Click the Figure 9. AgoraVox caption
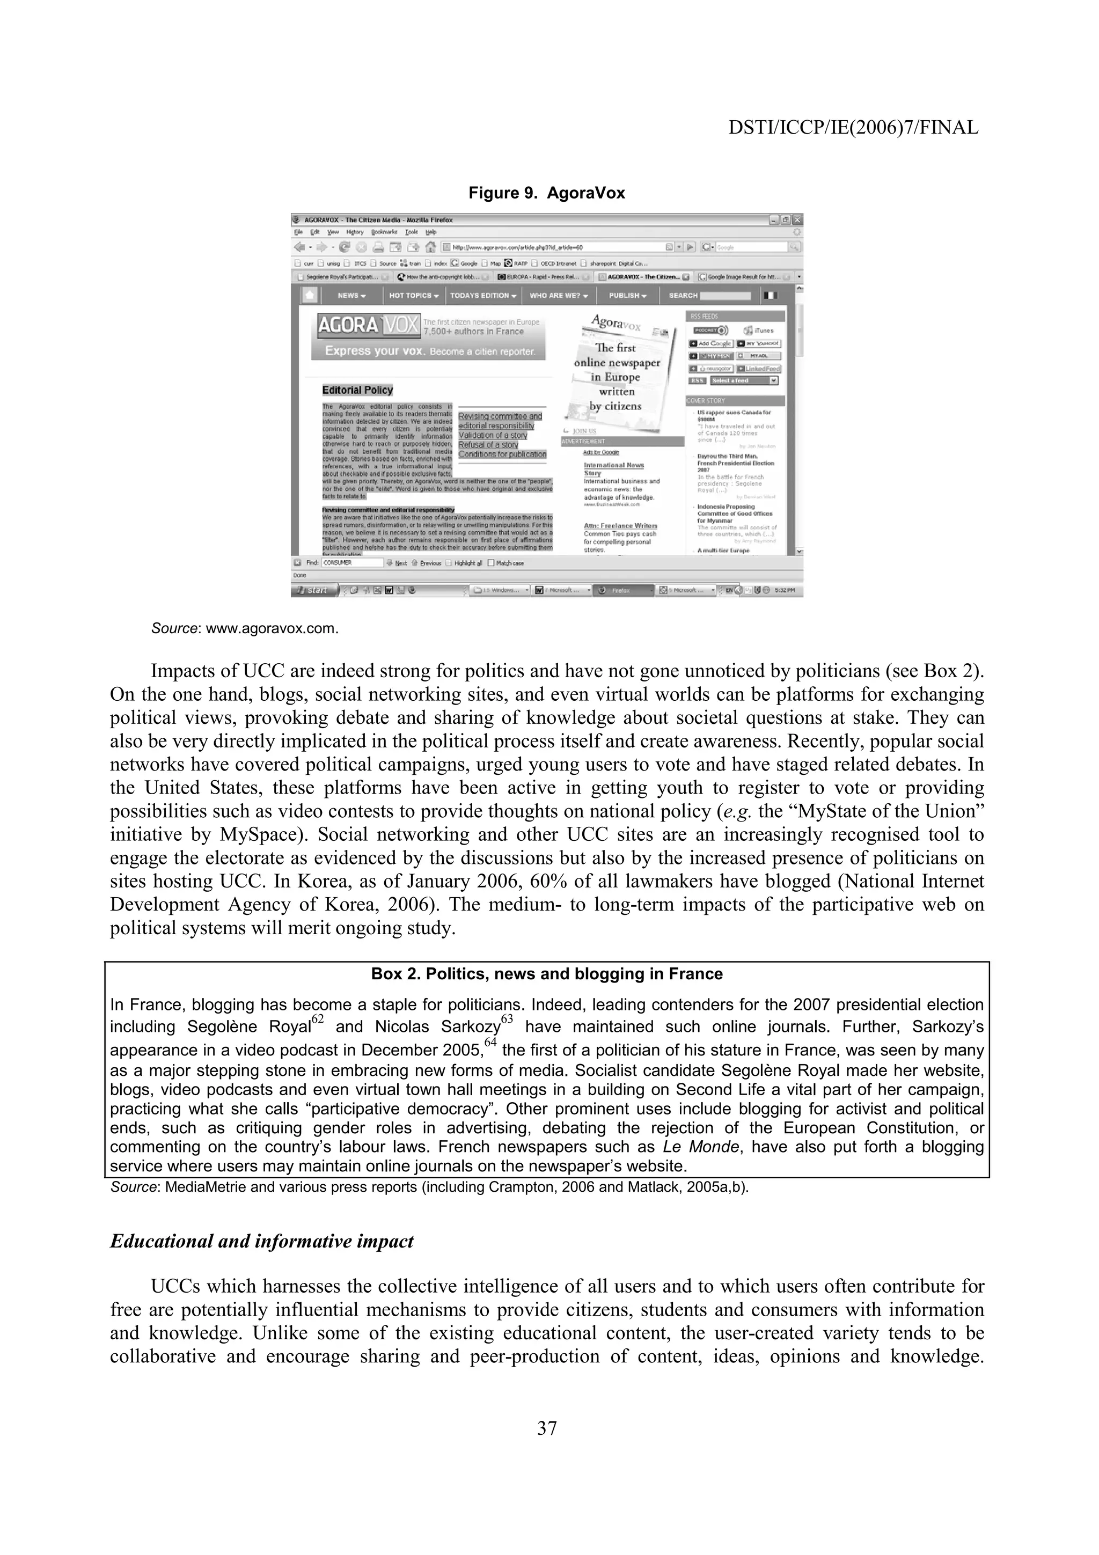pyautogui.click(x=546, y=193)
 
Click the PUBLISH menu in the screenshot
pyautogui.click(x=627, y=296)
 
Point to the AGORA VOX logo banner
pyautogui.click(x=368, y=326)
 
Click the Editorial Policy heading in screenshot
pyautogui.click(x=357, y=390)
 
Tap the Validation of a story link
pyautogui.click(x=492, y=436)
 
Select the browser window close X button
pyautogui.click(x=797, y=219)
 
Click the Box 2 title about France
pyautogui.click(x=546, y=974)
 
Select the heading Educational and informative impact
pyautogui.click(x=261, y=1242)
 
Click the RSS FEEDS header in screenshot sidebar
pyautogui.click(x=704, y=316)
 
